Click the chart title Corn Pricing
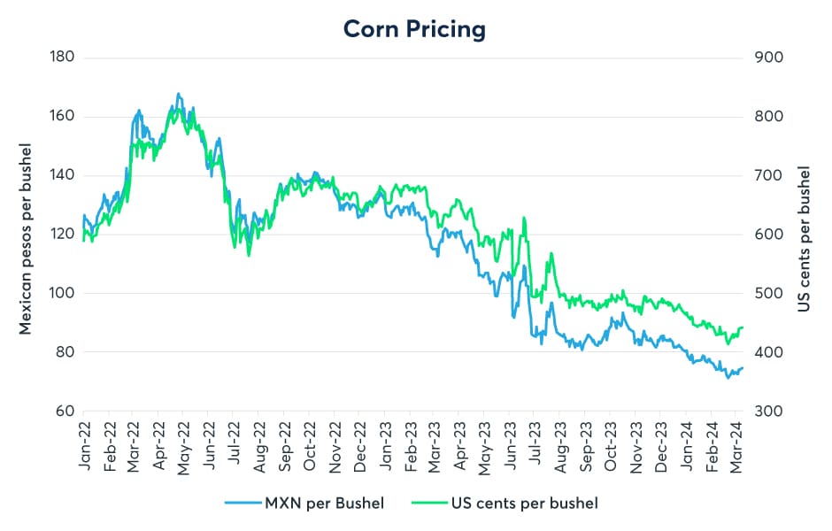(415, 28)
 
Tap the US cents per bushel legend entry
(520, 504)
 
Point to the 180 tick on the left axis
(62, 58)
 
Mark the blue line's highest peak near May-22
(178, 93)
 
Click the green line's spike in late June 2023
(525, 218)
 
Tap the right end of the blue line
(742, 367)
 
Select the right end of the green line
(742, 327)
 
